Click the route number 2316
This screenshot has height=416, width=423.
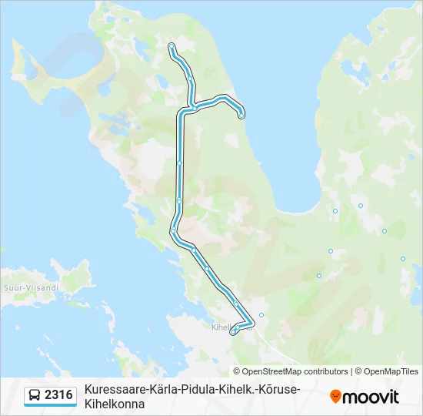pos(59,395)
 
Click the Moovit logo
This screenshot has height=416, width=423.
pos(365,397)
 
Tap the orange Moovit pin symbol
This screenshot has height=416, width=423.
pos(335,397)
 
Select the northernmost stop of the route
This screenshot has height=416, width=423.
pos(171,46)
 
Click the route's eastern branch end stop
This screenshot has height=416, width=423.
pos(241,116)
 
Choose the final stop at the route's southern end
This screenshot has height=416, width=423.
pos(233,332)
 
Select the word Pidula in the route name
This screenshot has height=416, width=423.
pos(201,389)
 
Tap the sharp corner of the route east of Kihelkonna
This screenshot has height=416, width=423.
pos(253,322)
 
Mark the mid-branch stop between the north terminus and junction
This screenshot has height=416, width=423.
pos(189,78)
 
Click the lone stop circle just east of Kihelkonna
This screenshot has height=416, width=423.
pos(261,314)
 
